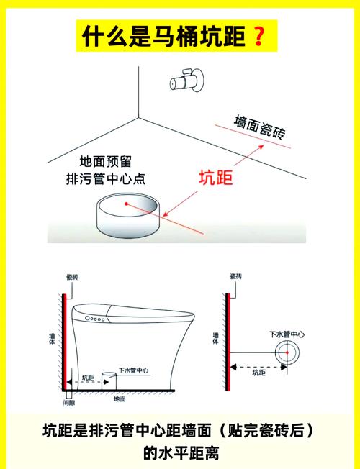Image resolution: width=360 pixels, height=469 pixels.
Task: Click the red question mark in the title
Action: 259,36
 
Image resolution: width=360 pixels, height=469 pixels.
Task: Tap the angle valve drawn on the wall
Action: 187,80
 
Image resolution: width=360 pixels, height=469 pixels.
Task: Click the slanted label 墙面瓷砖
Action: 259,127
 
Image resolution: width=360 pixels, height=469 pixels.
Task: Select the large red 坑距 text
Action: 216,178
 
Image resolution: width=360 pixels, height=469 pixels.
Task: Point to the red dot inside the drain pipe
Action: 127,204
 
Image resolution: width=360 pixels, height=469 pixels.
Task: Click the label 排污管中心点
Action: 106,179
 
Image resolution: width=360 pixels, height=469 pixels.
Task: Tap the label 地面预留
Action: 105,162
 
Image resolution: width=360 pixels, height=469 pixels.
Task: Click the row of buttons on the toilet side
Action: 95,319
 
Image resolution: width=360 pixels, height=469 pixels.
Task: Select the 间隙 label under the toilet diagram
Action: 69,403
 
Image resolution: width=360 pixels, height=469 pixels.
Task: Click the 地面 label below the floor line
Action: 120,399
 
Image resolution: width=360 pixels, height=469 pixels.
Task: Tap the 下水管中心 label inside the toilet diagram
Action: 133,370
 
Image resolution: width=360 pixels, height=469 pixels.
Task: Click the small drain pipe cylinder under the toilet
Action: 109,381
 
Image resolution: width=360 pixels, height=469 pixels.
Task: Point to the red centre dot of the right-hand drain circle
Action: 287,352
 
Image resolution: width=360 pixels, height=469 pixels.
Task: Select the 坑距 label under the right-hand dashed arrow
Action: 258,373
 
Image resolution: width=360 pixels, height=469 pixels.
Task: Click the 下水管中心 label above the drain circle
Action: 287,334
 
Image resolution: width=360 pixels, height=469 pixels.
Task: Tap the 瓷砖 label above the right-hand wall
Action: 235,276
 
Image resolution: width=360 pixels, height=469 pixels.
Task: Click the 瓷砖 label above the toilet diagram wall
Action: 72,277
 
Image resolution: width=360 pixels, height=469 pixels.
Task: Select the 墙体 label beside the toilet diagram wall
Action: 52,338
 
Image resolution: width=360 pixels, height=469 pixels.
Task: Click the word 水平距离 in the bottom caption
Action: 189,453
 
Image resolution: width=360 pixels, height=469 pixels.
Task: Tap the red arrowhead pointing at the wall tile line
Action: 261,147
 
